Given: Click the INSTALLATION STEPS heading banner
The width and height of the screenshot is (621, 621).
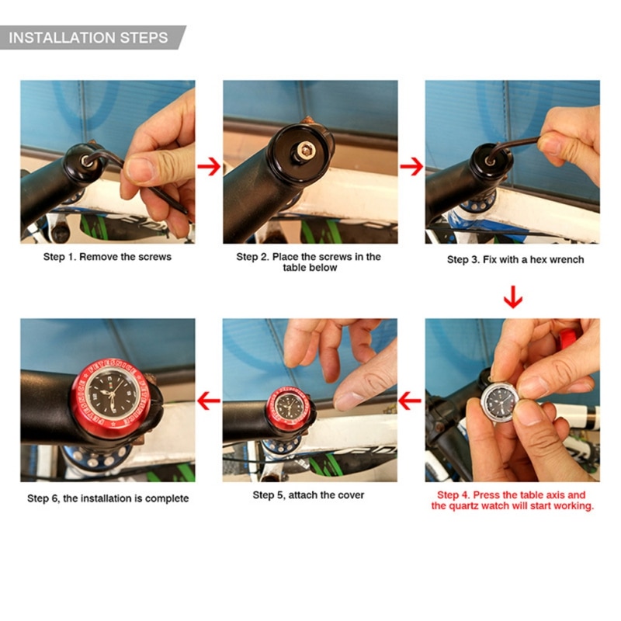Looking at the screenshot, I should (x=89, y=37).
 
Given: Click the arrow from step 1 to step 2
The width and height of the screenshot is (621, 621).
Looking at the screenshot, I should (x=208, y=166).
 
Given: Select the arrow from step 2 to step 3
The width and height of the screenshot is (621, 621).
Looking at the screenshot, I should (x=411, y=166).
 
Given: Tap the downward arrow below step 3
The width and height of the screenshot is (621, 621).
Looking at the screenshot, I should (x=512, y=296).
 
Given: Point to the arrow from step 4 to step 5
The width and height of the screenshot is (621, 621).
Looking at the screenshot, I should (x=410, y=401).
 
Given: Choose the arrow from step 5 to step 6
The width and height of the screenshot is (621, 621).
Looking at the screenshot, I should (x=208, y=401).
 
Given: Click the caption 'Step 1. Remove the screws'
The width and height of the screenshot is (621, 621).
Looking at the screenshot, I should (x=107, y=256).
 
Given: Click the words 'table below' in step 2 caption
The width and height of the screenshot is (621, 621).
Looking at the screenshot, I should (x=310, y=268).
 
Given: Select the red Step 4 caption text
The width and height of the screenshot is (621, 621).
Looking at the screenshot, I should (x=512, y=500).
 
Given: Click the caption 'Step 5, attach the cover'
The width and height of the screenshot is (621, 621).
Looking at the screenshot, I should (x=308, y=494).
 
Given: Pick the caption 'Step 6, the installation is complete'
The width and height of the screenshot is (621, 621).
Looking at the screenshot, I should (x=108, y=498).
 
